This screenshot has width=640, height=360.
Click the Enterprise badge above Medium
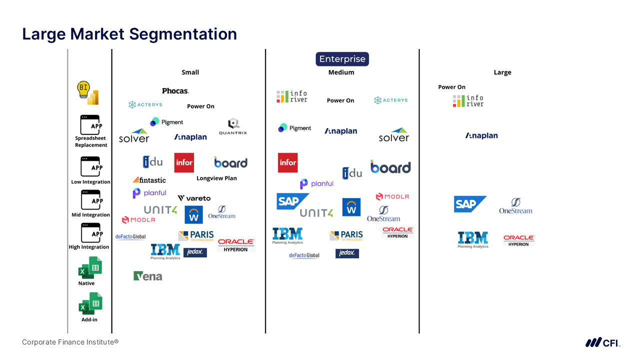(342, 59)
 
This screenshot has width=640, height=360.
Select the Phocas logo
(175, 91)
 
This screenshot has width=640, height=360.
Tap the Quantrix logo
(233, 126)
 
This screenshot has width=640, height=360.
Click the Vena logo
(148, 276)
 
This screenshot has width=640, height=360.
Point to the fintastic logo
(149, 179)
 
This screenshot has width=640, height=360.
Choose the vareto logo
(194, 198)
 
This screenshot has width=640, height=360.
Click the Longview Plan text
(216, 178)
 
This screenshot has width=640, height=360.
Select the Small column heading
(190, 72)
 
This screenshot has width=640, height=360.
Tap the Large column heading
(502, 72)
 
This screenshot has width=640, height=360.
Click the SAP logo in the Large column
(470, 204)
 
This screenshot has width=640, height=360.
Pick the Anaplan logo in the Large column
(481, 135)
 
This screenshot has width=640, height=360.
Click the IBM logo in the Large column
(473, 239)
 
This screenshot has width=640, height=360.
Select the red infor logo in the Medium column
(288, 162)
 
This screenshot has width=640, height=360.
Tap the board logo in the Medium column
(390, 167)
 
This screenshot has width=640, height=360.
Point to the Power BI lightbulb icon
(87, 93)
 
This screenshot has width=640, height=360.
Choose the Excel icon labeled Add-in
(90, 303)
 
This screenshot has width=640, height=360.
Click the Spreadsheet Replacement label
(91, 141)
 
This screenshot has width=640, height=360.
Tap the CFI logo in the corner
(602, 342)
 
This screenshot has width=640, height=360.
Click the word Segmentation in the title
(183, 34)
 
